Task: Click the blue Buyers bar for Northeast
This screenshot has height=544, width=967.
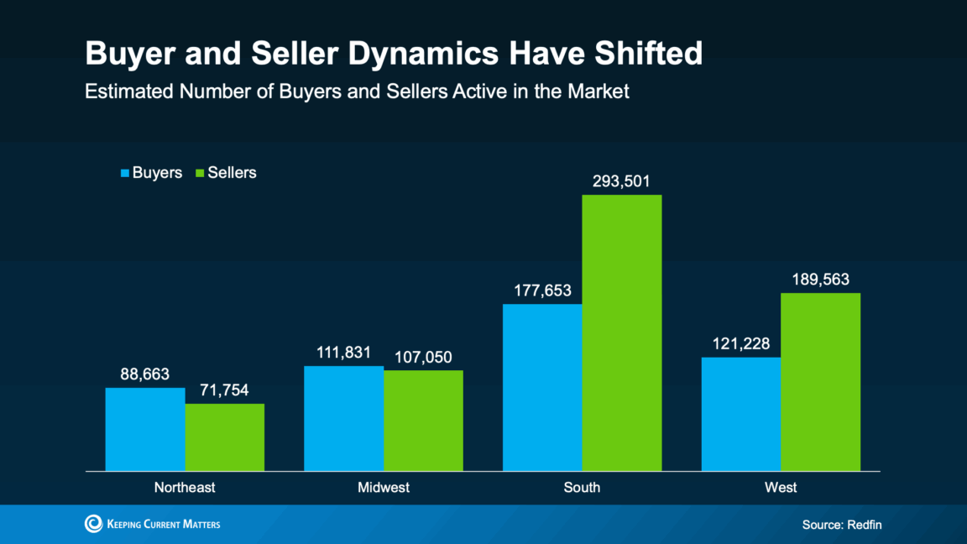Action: [145, 429]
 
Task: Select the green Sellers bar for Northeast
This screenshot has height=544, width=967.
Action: [225, 437]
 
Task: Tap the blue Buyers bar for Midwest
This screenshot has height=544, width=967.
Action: [344, 418]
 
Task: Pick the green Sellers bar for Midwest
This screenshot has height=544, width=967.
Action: [424, 421]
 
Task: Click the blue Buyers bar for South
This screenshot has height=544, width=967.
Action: [542, 387]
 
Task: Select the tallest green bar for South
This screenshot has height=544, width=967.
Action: [622, 332]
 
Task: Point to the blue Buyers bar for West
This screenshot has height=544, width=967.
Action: [741, 414]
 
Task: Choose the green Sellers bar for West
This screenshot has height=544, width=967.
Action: [821, 382]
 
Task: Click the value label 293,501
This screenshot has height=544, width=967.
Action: [622, 181]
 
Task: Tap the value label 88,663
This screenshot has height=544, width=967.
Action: [145, 374]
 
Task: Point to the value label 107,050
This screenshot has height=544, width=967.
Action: [424, 357]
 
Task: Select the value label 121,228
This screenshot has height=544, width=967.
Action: [741, 344]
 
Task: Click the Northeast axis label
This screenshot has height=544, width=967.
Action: [185, 488]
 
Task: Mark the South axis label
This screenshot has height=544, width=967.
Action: [583, 488]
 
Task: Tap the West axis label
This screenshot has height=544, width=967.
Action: [781, 488]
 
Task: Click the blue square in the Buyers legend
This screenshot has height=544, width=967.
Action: [125, 173]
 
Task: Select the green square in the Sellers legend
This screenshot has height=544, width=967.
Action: [200, 173]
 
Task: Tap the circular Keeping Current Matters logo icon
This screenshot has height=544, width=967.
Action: [93, 524]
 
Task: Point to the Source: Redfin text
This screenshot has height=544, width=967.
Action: [842, 525]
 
